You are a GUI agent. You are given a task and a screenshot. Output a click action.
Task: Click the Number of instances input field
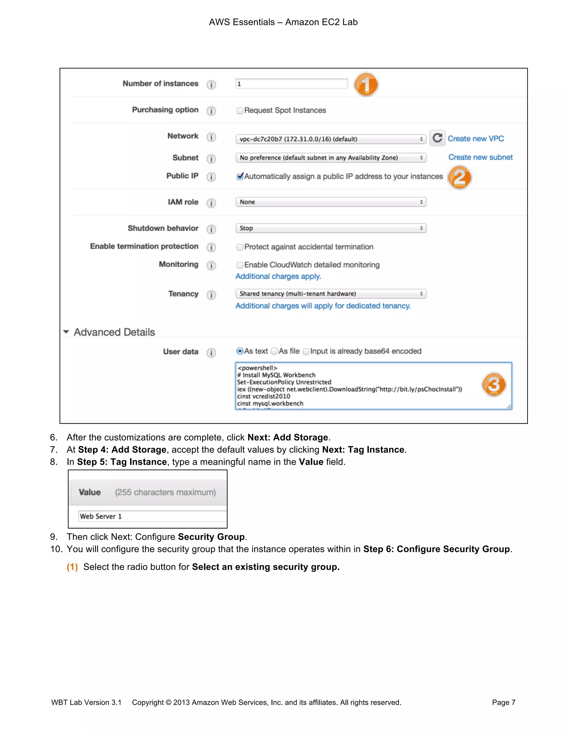(x=291, y=84)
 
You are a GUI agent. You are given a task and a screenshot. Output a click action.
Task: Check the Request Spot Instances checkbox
(x=240, y=111)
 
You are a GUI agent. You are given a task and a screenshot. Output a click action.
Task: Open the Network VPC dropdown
(x=331, y=139)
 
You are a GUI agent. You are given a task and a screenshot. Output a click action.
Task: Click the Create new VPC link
(x=475, y=139)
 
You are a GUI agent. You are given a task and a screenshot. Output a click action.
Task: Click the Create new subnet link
(x=480, y=157)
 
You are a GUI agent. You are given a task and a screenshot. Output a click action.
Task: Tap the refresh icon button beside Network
(x=437, y=138)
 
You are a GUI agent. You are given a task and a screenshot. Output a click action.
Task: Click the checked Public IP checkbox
(x=240, y=176)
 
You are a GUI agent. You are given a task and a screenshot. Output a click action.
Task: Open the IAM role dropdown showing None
(x=331, y=202)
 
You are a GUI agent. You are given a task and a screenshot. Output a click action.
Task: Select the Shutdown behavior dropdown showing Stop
(x=331, y=228)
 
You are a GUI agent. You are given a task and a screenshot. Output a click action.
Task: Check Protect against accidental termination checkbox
(x=240, y=247)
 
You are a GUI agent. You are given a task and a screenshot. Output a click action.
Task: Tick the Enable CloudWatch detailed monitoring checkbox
(x=240, y=265)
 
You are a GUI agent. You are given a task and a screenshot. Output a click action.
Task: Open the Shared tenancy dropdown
(x=331, y=294)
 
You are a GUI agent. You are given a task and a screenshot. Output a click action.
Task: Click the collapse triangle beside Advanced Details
(x=66, y=332)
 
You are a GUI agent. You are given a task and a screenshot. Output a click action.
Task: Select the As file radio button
(x=274, y=351)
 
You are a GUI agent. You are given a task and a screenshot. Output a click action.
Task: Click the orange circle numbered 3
(x=493, y=384)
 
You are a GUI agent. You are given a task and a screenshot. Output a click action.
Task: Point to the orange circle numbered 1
(x=366, y=84)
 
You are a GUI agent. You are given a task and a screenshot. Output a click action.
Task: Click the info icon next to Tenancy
(x=211, y=295)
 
